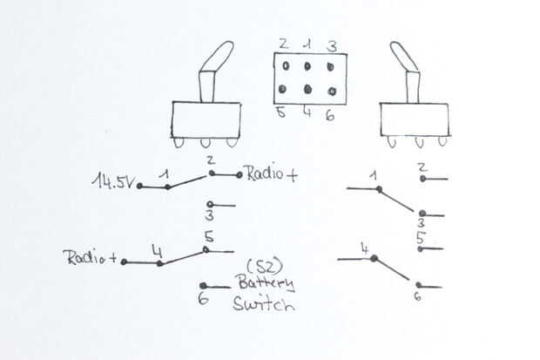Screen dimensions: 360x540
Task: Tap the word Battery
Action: point(264,283)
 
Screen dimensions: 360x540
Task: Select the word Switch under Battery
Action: point(263,305)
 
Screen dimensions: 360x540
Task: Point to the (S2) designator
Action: point(262,264)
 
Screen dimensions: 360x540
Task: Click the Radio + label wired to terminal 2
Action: point(272,174)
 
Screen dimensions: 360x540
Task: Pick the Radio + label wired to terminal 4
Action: point(91,258)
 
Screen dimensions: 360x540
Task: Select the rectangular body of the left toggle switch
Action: point(205,119)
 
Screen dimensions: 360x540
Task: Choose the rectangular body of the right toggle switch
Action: point(414,119)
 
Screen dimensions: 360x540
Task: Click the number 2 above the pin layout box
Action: point(283,44)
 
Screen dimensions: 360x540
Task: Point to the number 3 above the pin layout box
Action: point(331,44)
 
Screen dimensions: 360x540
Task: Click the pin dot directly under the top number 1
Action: point(307,66)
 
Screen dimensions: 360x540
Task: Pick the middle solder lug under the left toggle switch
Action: point(206,141)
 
